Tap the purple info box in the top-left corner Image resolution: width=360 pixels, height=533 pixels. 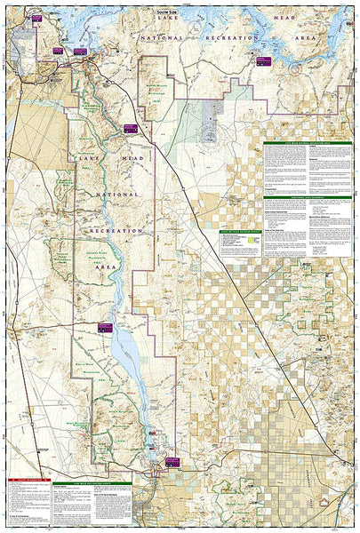36,18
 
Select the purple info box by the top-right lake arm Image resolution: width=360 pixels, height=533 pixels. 263,60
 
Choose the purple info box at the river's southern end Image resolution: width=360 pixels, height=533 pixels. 171,461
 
